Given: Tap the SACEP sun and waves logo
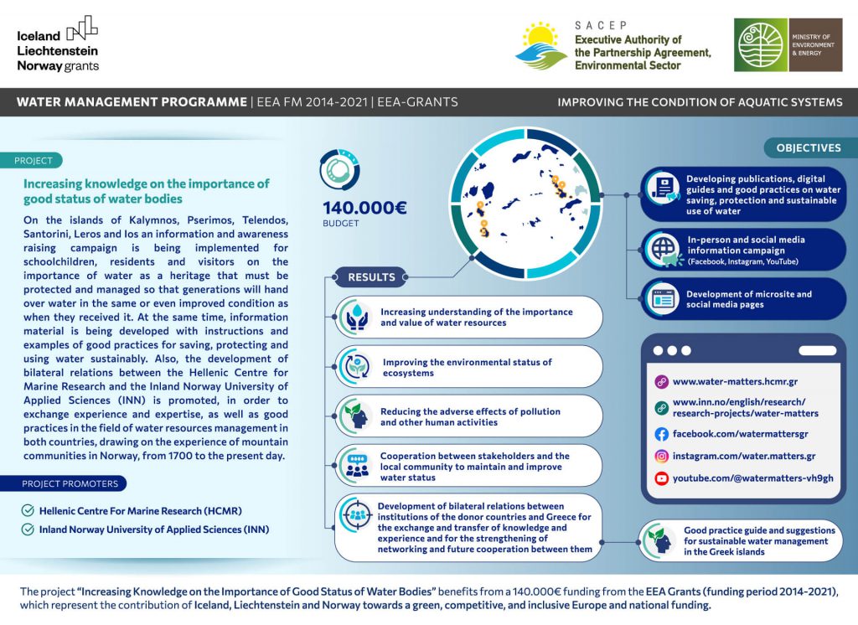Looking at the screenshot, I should coord(541,45).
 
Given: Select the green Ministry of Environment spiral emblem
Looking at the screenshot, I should coord(761,45).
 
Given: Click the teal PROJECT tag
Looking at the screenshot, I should coord(34,161).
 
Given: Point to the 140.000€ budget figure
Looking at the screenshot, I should coord(364,208).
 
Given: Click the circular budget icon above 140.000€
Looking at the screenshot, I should coord(340,168).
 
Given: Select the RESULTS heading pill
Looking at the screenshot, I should coord(371,276).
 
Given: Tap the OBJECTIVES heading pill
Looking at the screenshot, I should coord(808,147).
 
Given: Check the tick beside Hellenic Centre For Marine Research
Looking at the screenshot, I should coord(28,510).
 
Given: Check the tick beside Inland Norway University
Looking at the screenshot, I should coord(28,529).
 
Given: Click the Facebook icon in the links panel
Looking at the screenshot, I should coord(661,434).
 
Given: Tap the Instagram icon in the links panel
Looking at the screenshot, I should coord(661,457).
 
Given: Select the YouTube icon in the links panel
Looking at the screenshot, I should coord(661,478).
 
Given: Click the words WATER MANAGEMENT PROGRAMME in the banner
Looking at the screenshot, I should coord(132,102).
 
